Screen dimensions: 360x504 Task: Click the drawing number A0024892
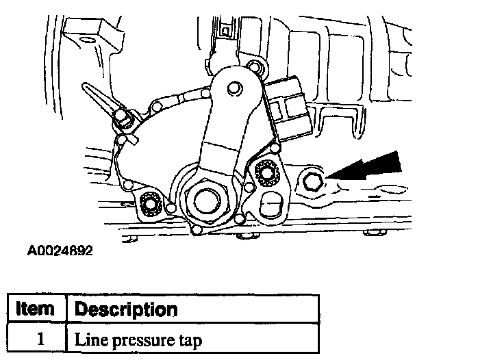point(60,250)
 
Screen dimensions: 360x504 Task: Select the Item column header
point(35,309)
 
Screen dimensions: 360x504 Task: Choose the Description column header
point(125,309)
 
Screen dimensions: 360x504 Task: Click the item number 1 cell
point(35,337)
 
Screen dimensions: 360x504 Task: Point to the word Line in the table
point(89,337)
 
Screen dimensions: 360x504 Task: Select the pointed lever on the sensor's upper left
point(97,99)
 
